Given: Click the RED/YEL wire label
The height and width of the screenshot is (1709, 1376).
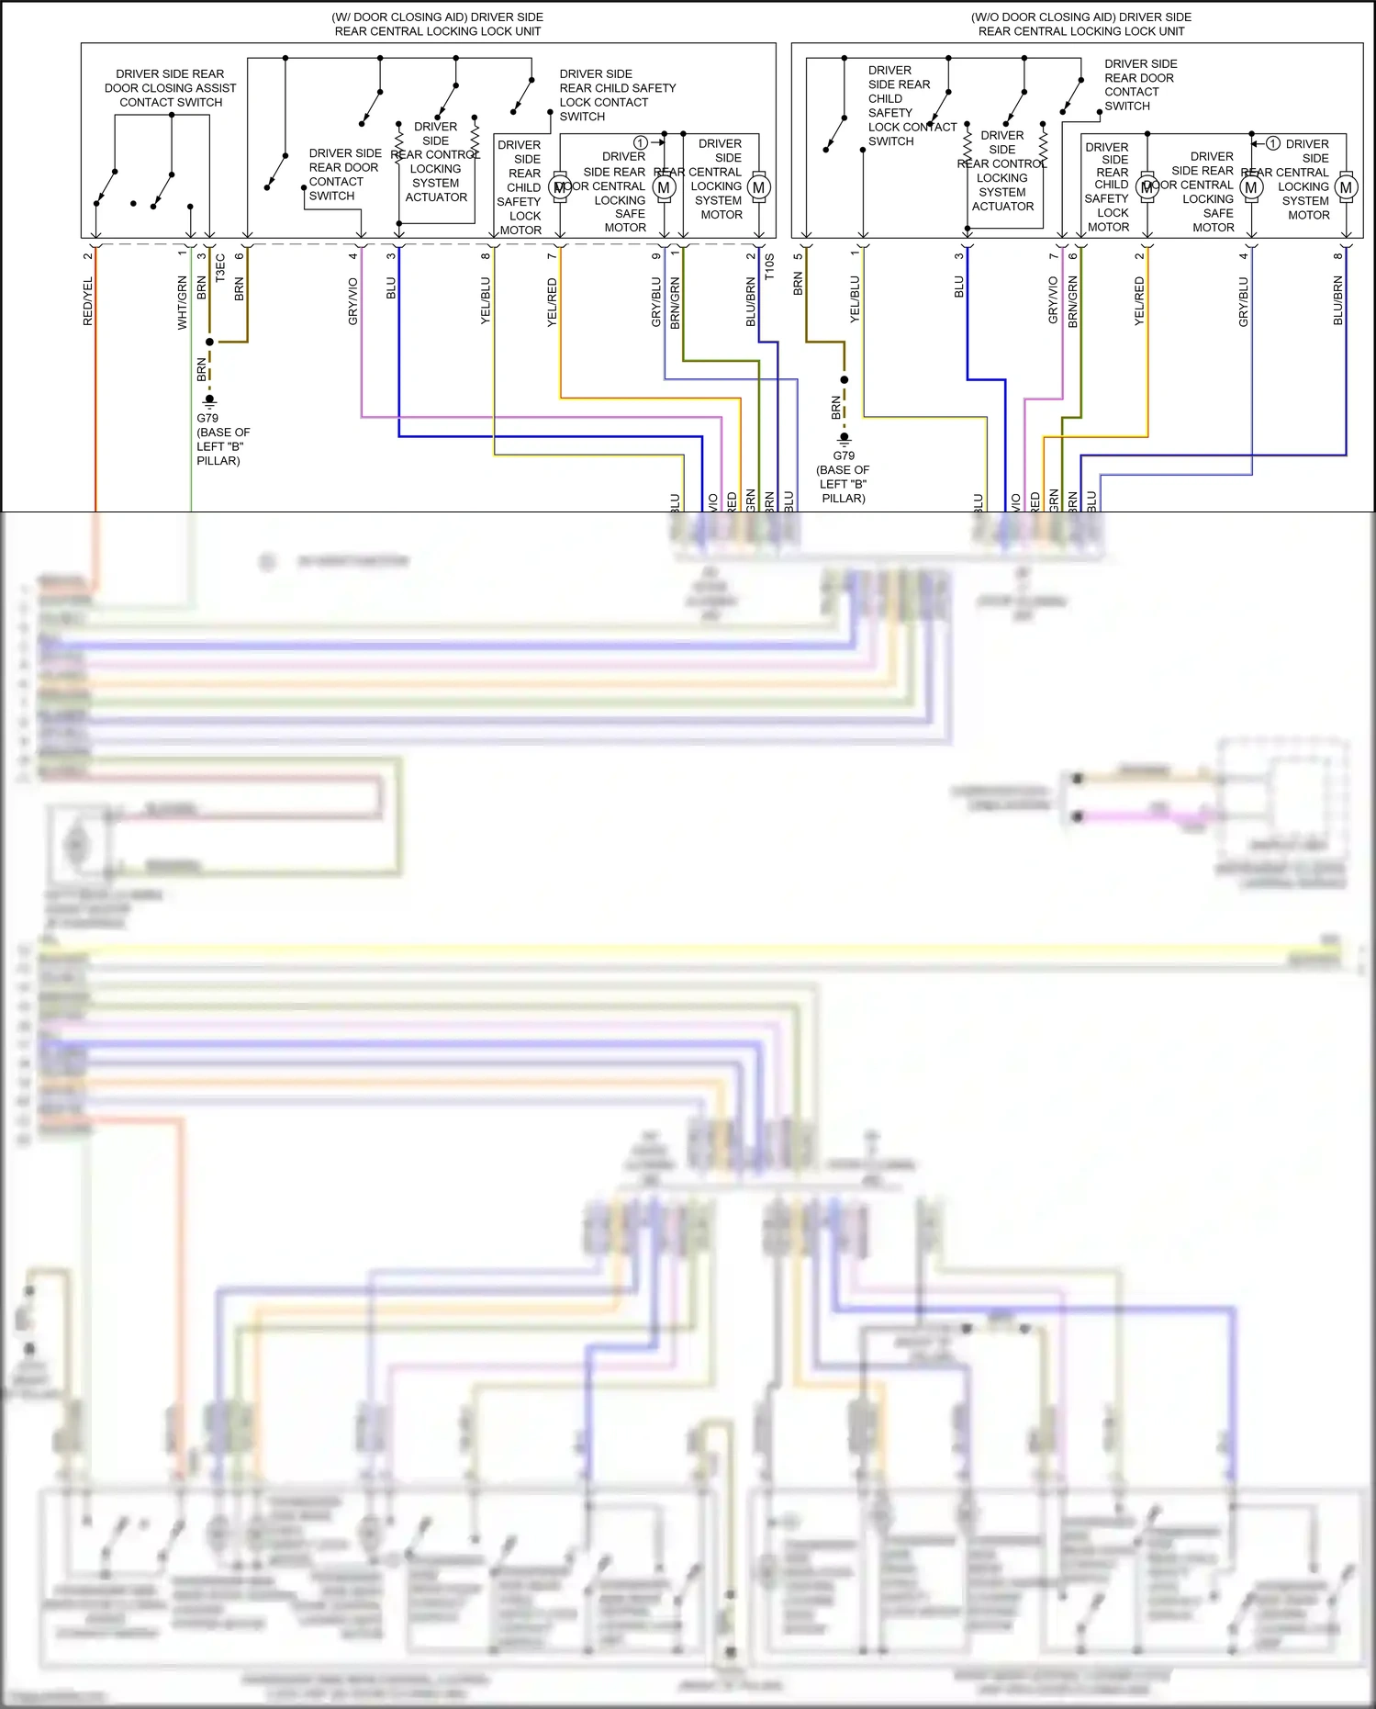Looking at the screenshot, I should click(x=88, y=301).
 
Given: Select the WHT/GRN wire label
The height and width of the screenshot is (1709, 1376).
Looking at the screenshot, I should click(x=182, y=302).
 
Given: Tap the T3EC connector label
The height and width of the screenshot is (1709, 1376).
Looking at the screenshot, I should click(x=220, y=268).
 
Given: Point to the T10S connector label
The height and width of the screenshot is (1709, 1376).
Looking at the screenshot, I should click(x=769, y=267).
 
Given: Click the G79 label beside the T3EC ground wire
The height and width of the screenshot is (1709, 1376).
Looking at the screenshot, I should click(x=207, y=418).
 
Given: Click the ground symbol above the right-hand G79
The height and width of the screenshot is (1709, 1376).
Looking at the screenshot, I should click(x=845, y=439).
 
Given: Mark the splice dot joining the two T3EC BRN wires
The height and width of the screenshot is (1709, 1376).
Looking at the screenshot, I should click(x=209, y=342).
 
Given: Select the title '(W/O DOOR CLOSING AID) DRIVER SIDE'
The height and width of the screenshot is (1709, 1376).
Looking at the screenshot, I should click(x=1080, y=17).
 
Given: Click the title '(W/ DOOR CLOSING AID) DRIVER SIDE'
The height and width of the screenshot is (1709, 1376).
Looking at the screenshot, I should click(x=437, y=17).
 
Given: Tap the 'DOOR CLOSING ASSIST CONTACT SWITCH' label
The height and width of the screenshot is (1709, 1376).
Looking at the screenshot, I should click(x=170, y=88).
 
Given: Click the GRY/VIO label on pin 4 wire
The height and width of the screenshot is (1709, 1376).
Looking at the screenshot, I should click(x=352, y=301).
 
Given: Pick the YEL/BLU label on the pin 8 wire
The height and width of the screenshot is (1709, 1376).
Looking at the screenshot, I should click(x=486, y=300).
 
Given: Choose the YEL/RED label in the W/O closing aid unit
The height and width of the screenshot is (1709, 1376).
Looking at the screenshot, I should click(x=1139, y=301).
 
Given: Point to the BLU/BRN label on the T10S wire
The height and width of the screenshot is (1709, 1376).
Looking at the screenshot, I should click(x=751, y=302).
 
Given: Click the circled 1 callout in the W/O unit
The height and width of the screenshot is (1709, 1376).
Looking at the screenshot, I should click(x=1273, y=143).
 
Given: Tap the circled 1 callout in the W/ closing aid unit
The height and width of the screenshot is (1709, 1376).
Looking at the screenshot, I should click(x=641, y=142).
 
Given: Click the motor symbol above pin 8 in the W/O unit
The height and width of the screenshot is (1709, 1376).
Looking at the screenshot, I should click(x=1346, y=187).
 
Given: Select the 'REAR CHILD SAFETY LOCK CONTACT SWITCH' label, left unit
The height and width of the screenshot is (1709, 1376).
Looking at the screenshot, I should click(x=617, y=95).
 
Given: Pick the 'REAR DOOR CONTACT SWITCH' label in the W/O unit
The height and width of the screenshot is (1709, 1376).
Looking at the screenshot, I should click(x=1139, y=84).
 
